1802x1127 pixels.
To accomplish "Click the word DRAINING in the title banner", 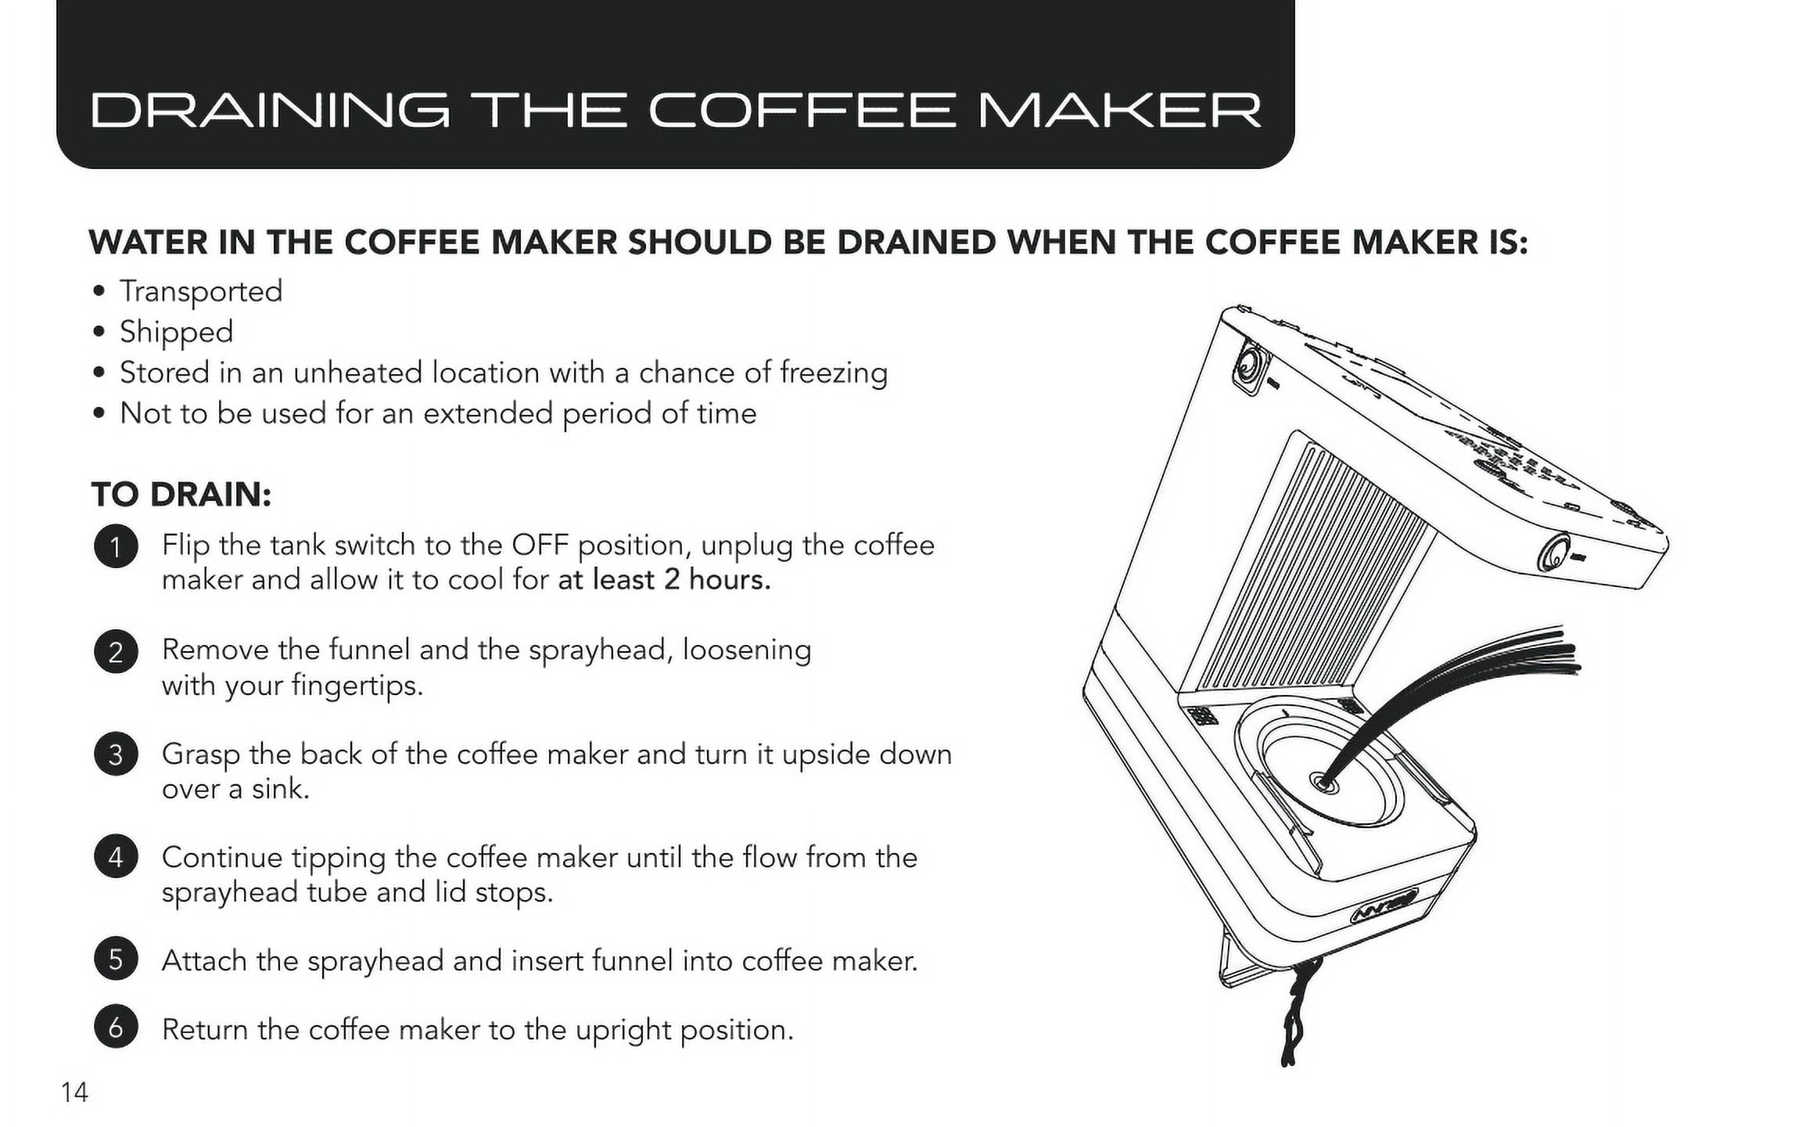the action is point(271,110).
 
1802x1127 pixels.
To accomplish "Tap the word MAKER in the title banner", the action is point(1120,110).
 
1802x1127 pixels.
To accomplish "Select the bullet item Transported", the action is point(201,292).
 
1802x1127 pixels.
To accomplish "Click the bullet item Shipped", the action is point(176,333).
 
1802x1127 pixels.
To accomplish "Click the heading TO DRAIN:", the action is point(181,495).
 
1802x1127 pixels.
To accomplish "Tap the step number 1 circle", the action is point(116,546).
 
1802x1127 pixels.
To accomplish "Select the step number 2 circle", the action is point(116,651).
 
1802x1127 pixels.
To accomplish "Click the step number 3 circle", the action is point(116,754).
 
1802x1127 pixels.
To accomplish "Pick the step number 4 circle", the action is point(116,857).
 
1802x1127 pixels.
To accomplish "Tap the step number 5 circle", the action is point(116,960).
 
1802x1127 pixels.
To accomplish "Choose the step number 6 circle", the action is point(116,1027).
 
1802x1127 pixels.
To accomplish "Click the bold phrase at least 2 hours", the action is point(664,580).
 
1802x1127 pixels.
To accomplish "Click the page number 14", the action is point(75,1092).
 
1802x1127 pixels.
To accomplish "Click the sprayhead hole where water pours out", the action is point(1323,781).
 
